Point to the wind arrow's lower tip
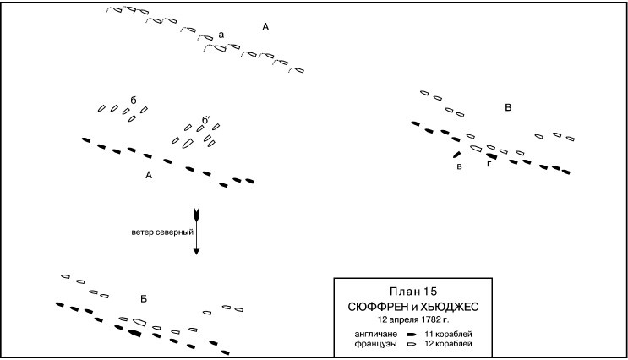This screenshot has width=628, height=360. pos(196,253)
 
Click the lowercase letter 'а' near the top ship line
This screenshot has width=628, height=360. pos(221,35)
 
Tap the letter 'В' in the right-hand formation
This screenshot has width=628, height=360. pos(507,107)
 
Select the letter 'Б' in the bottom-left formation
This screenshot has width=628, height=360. pos(145,299)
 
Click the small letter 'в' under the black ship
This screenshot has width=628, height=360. pos(458,166)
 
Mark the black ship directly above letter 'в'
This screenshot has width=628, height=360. pos(457,154)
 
